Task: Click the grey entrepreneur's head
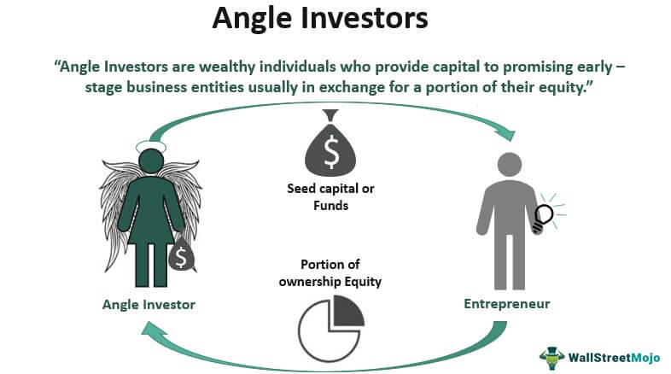[x=510, y=164]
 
